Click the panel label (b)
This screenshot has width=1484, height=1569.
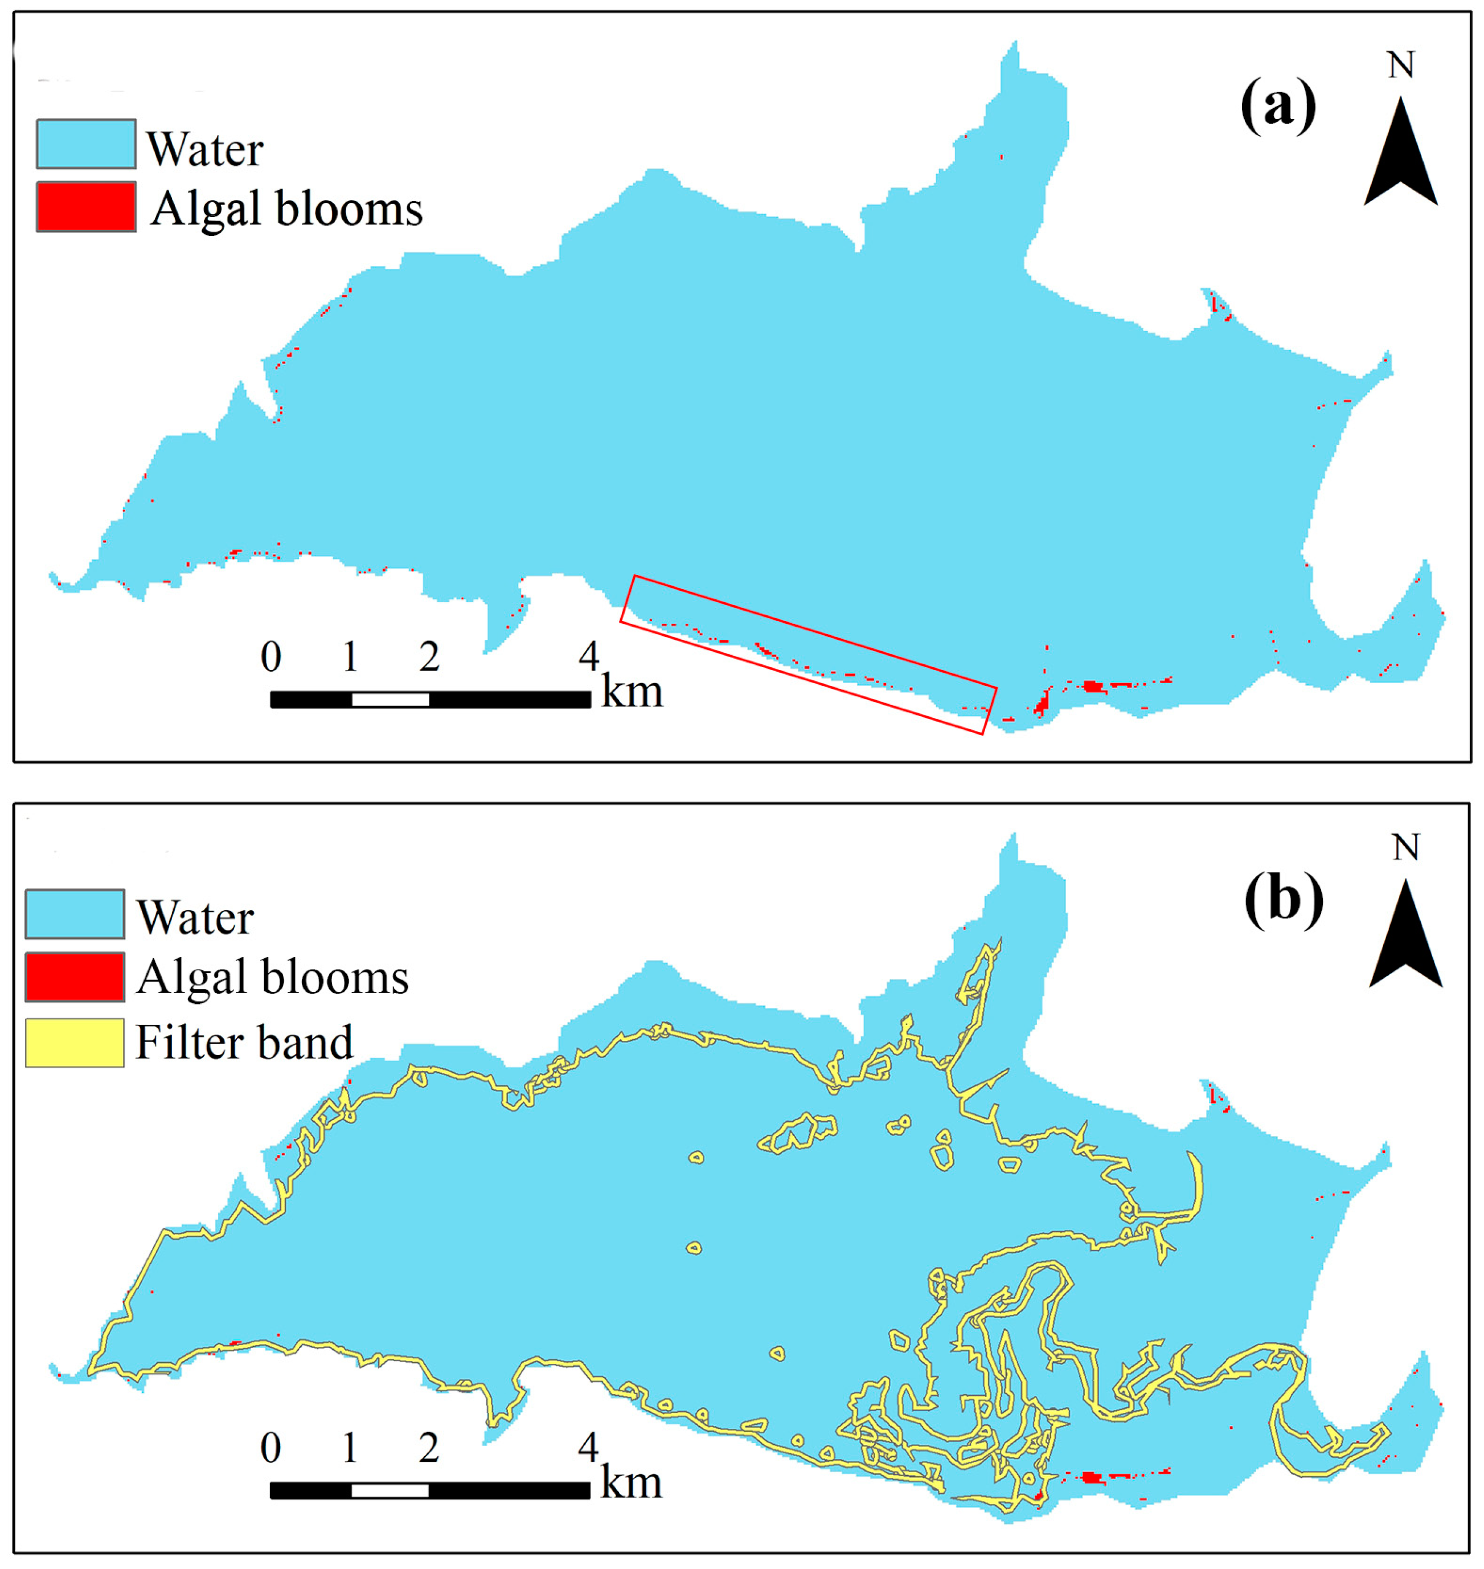coord(1283,900)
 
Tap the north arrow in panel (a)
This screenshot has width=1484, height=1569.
coord(1400,154)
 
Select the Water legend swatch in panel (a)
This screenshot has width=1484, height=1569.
coord(85,144)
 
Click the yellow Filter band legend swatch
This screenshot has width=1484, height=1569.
coord(75,1043)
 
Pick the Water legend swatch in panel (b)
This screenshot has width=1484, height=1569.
coord(75,914)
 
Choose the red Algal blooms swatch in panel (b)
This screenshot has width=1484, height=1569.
coord(75,977)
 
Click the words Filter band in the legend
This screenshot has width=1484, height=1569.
coord(244,1043)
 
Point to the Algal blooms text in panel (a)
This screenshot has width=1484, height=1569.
coord(286,209)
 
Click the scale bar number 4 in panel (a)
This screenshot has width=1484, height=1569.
coord(588,656)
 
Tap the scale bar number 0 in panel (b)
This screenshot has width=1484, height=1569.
coord(270,1447)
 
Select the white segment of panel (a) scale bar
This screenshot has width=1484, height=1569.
coord(390,700)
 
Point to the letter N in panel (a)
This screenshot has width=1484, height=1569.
coord(1401,65)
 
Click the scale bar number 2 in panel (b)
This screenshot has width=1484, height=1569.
coord(429,1447)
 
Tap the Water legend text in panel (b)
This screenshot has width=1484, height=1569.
coord(195,918)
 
